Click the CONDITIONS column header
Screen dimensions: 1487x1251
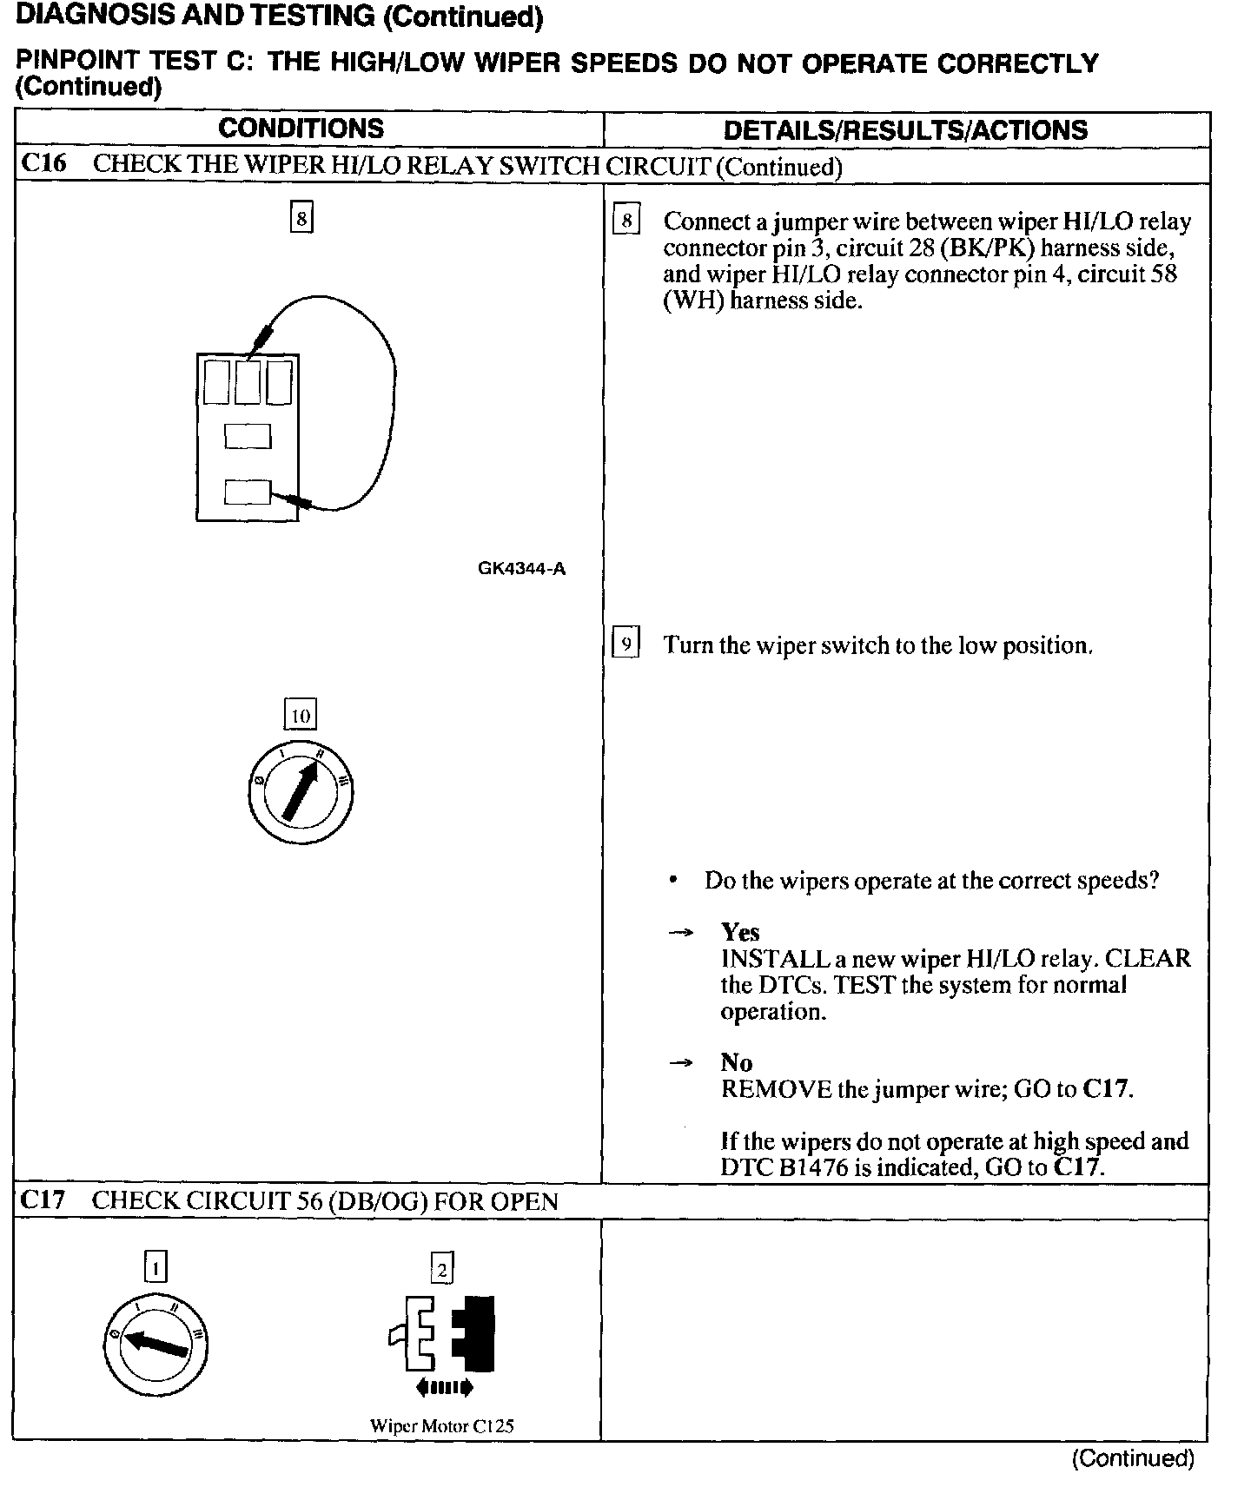click(301, 129)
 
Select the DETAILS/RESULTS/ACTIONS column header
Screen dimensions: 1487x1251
click(905, 130)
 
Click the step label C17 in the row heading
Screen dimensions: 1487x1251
click(43, 1200)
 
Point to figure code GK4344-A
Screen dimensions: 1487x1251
click(521, 569)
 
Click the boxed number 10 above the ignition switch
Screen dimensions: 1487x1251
click(301, 715)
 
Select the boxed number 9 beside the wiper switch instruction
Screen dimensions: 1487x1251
click(625, 644)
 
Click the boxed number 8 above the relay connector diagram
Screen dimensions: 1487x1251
click(301, 218)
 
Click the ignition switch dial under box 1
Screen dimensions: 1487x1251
click(156, 1345)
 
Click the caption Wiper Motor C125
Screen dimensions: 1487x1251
click(442, 1426)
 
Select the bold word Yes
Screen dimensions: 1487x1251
click(740, 932)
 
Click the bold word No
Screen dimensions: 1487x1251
click(737, 1062)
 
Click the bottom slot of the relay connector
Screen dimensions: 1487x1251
click(248, 492)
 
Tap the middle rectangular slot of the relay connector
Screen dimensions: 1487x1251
click(248, 435)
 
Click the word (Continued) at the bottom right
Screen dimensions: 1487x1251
click(1133, 1458)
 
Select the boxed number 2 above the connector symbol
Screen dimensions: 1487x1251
click(442, 1270)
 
